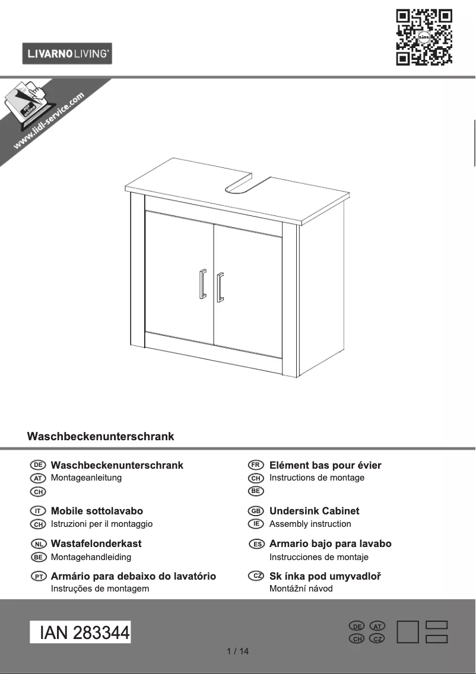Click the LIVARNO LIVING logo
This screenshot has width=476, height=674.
(67, 54)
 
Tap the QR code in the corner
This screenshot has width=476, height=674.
(424, 37)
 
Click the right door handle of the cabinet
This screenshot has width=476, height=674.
(220, 287)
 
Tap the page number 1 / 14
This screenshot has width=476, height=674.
(238, 651)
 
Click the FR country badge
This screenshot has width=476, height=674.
(256, 465)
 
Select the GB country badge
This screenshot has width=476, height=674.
(256, 511)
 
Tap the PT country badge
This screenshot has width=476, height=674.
(39, 577)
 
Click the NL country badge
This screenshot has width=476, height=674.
(38, 544)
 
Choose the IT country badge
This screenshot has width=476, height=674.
(38, 511)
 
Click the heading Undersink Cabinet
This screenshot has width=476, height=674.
(314, 511)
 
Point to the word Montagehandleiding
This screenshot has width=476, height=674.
(91, 557)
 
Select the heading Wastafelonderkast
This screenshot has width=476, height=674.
(96, 543)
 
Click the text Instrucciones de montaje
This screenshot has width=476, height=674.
(319, 557)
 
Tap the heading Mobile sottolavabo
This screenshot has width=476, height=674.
(97, 511)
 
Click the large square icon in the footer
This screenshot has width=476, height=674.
(408, 632)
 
